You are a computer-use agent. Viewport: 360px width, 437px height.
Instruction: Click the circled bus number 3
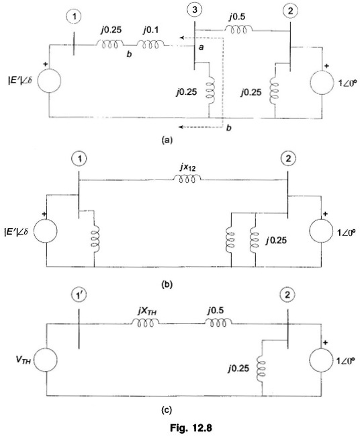click(x=195, y=10)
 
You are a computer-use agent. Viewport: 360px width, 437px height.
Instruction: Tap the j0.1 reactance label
click(x=150, y=30)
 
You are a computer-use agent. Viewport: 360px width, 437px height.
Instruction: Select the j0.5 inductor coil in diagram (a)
click(x=238, y=29)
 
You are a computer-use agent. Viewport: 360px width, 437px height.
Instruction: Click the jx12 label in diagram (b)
click(x=187, y=168)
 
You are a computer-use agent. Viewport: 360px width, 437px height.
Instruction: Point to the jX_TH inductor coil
click(x=145, y=323)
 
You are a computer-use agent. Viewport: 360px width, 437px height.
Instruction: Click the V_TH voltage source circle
click(x=46, y=360)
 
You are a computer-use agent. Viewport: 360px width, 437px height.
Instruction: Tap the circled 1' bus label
click(x=79, y=295)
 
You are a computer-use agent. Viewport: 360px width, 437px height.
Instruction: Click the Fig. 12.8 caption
click(x=191, y=428)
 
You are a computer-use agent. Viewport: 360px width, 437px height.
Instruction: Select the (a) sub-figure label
click(x=167, y=140)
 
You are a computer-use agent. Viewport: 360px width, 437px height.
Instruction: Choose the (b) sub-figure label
click(x=167, y=284)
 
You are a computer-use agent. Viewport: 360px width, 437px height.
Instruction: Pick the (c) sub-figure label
click(x=167, y=410)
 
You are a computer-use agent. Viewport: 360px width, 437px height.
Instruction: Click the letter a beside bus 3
click(x=201, y=47)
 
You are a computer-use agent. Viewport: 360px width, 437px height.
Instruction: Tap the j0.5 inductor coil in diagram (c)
click(x=218, y=323)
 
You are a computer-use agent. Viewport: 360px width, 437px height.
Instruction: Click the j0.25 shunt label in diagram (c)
click(x=238, y=368)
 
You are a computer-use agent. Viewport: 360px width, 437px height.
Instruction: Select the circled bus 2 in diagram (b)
click(x=288, y=158)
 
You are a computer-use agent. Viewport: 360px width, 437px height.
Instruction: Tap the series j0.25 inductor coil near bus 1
click(x=109, y=44)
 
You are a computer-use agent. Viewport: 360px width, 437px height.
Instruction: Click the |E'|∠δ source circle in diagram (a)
click(x=49, y=81)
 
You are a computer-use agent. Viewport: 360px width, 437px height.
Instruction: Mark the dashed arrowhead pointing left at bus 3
click(x=182, y=38)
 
